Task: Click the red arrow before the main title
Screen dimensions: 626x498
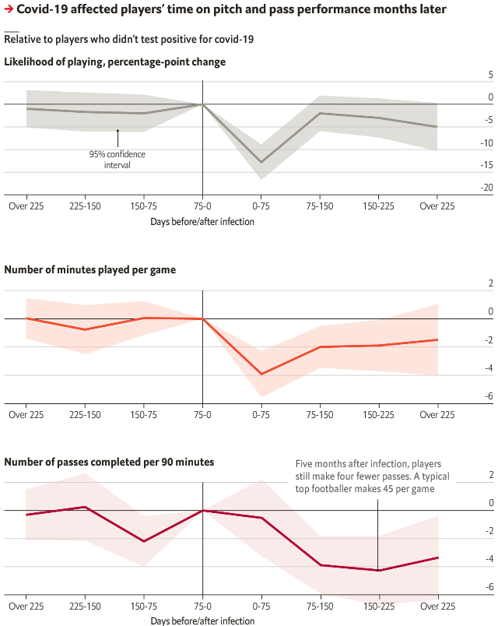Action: (x=9, y=10)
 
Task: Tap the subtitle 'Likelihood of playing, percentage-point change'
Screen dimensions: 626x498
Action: (x=114, y=62)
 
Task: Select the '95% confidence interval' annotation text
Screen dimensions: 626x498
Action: (x=117, y=160)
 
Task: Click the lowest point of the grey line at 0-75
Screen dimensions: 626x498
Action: (x=261, y=162)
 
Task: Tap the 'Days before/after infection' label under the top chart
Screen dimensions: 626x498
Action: (x=202, y=221)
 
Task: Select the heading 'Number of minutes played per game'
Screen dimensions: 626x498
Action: (x=90, y=270)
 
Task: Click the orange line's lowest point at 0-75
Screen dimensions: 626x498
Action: (x=261, y=375)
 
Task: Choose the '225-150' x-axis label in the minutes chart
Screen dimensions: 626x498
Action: (x=85, y=415)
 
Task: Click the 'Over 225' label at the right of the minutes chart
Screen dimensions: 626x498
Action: (x=437, y=415)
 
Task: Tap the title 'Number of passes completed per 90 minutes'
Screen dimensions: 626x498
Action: (x=109, y=462)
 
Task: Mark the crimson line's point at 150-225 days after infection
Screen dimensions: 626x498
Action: (x=379, y=570)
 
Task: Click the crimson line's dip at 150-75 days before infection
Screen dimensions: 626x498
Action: (x=144, y=541)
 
